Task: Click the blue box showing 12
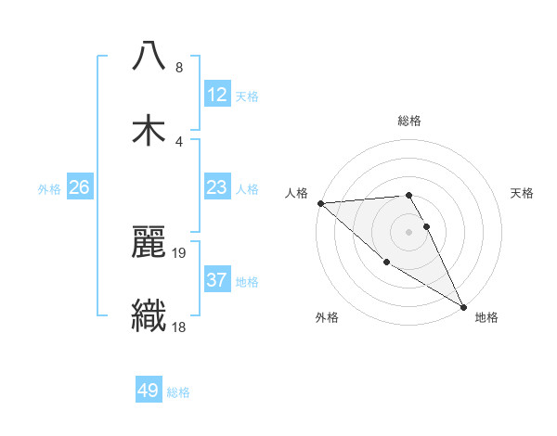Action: pos(216,95)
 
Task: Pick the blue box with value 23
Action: pos(216,187)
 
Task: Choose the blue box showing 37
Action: pos(216,280)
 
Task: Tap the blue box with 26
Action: pos(80,187)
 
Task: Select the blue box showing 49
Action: pos(149,391)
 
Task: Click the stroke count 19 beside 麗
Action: pos(180,252)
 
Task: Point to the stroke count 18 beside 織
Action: pos(178,326)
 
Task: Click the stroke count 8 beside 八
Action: pos(178,68)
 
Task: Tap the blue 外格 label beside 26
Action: pos(49,188)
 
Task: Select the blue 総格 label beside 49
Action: pos(178,391)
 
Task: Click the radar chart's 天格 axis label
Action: pos(522,193)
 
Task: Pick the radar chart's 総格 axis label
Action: pos(408,121)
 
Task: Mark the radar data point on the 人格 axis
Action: pos(320,203)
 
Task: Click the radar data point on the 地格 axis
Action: pos(463,306)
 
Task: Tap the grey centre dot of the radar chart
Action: pos(408,232)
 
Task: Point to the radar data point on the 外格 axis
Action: pos(386,263)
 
